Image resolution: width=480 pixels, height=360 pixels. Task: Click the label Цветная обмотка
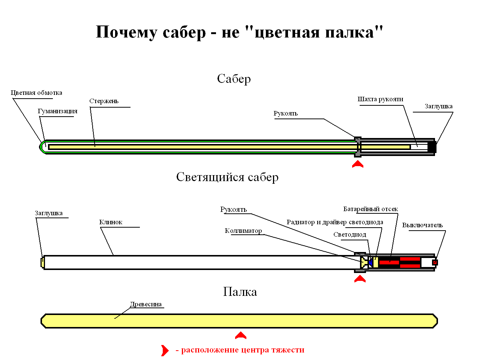[36, 93]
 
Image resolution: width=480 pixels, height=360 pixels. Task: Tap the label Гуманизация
[57, 111]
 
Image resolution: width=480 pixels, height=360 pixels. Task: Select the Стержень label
[104, 101]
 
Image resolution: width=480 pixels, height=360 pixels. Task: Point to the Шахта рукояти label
[380, 99]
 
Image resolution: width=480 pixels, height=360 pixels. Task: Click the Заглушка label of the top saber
[438, 106]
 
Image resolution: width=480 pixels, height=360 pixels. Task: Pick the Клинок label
[111, 222]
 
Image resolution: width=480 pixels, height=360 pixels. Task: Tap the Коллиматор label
[243, 231]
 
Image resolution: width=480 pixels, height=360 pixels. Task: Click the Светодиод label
[349, 234]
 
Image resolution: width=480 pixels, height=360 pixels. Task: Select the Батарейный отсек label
[370, 209]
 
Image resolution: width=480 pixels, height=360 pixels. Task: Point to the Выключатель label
[423, 225]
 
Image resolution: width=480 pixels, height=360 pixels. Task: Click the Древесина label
[146, 304]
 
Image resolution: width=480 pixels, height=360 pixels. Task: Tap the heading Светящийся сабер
[227, 177]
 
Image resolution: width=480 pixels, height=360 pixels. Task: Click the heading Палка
[240, 292]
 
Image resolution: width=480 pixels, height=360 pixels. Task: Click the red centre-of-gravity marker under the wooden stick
[241, 335]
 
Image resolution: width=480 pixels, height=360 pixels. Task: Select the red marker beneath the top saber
[358, 164]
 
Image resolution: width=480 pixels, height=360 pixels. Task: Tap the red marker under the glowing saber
[360, 279]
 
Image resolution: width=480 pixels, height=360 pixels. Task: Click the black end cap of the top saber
[432, 147]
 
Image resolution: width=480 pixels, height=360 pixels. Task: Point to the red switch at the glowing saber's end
[435, 262]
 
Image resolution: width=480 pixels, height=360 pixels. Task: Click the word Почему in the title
[127, 32]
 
